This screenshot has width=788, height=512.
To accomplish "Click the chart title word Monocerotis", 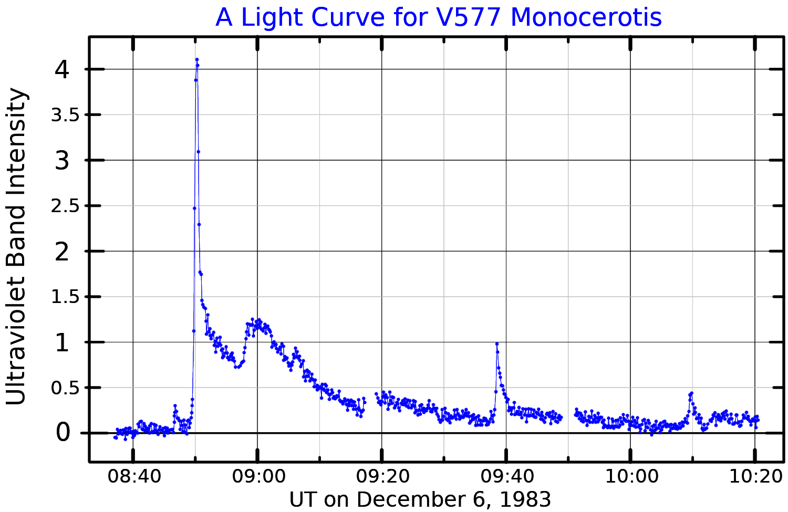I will point(586,17).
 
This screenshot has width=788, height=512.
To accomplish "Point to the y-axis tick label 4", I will point(62,69).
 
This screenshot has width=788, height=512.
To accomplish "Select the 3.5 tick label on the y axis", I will point(65,115).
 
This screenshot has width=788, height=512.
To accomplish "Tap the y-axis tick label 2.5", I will point(65,206).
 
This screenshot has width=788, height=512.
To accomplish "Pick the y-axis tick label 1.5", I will point(65,297).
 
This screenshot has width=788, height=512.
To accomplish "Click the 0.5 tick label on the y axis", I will point(65,388).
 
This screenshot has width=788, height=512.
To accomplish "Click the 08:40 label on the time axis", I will point(133,477).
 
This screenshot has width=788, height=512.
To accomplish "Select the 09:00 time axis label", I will point(257,477).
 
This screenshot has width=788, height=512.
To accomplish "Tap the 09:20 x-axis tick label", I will point(382,477).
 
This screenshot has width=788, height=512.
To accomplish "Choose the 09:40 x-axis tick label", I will point(506,477).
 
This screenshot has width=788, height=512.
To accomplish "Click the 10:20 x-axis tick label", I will point(754,477).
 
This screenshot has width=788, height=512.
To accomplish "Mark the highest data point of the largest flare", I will point(196,59).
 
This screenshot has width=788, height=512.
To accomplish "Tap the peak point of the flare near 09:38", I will point(496,344).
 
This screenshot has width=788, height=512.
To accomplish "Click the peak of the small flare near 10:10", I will point(691,393).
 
